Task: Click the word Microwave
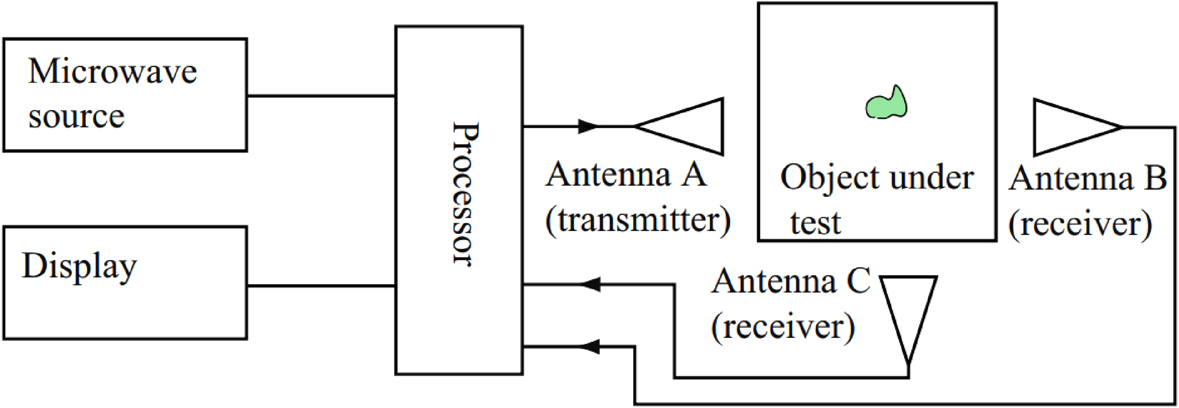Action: (112, 72)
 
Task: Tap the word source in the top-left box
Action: (76, 117)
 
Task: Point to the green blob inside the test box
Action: (887, 103)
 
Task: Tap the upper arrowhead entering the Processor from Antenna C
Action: (589, 284)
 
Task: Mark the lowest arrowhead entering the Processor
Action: (589, 347)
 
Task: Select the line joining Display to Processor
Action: (321, 286)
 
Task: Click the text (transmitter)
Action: (638, 222)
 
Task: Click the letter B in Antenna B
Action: (1155, 178)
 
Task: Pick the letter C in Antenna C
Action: (858, 281)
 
